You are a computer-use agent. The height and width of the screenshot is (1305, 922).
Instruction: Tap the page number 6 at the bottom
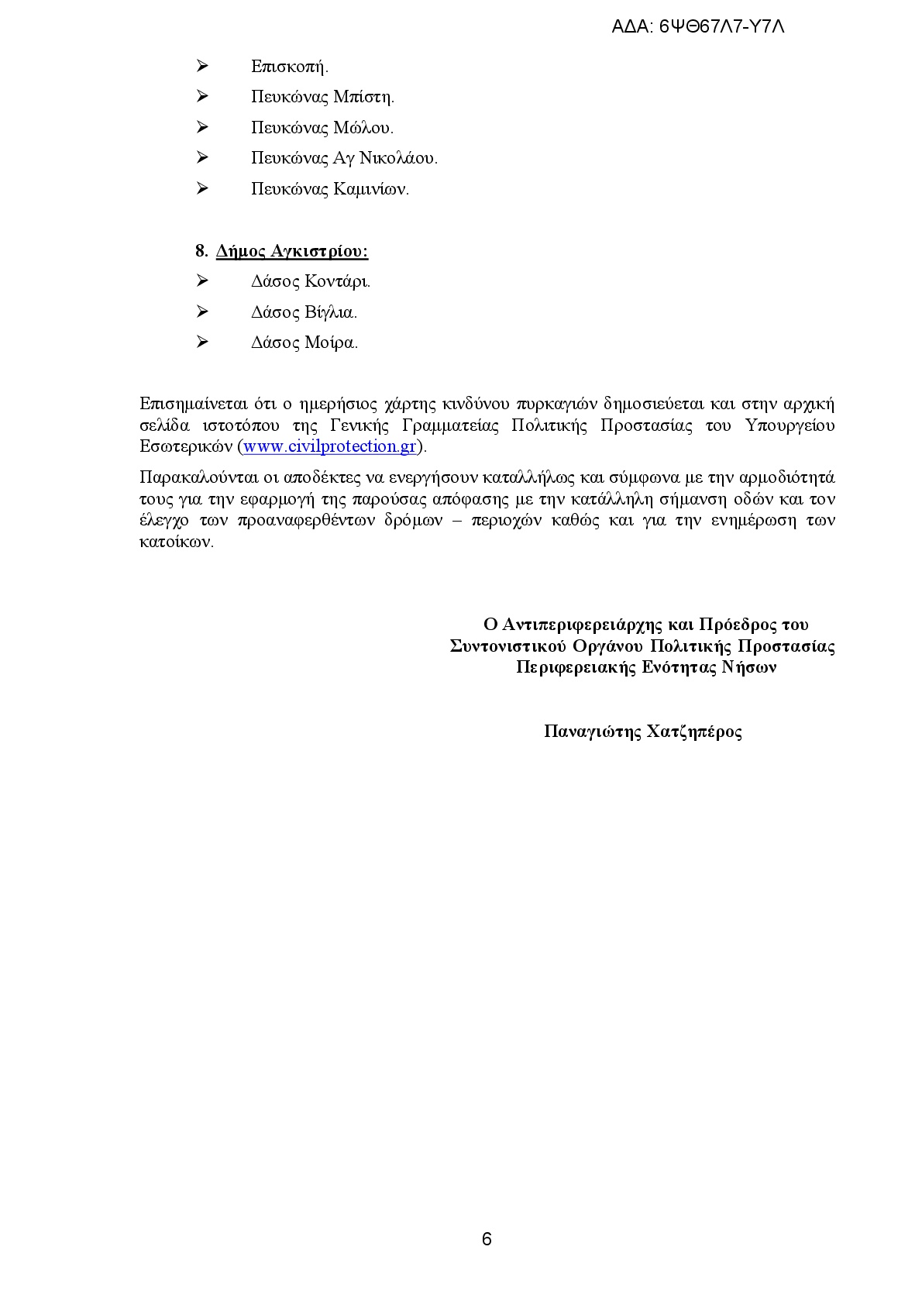tap(487, 1239)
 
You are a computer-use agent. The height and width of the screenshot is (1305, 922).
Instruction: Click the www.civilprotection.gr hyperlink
tap(330, 446)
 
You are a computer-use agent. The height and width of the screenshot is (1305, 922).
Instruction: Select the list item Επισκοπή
tap(289, 67)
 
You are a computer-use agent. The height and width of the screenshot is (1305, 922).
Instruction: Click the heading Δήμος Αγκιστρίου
tap(291, 251)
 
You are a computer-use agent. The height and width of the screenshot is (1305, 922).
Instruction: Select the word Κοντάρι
tap(338, 281)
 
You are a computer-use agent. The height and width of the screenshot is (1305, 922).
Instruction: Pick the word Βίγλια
tap(331, 312)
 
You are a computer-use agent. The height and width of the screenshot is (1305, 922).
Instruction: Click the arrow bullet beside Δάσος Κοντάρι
tap(202, 281)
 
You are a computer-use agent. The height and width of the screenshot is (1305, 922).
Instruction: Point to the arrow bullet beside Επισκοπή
tap(202, 66)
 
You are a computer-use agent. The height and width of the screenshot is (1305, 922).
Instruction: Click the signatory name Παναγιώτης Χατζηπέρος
tap(643, 732)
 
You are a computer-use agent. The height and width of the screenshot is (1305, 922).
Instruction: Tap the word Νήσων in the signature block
tap(749, 667)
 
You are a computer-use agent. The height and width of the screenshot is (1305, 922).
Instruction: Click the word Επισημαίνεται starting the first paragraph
tap(194, 404)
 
